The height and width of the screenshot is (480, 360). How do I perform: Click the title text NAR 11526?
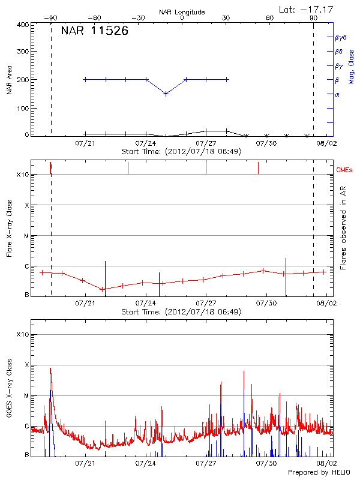pyautogui.click(x=94, y=31)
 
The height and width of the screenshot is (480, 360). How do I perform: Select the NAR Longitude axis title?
pyautogui.click(x=182, y=12)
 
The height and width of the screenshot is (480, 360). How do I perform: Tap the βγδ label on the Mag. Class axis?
pyautogui.click(x=340, y=37)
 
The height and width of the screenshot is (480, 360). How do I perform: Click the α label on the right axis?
pyautogui.click(x=337, y=94)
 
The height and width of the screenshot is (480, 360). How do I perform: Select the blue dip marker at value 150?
pyautogui.click(x=166, y=94)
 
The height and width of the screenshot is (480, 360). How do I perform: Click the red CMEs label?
pyautogui.click(x=345, y=170)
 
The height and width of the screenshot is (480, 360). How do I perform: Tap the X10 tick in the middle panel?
pyautogui.click(x=23, y=175)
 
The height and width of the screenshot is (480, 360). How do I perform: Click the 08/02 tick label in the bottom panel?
pyautogui.click(x=326, y=463)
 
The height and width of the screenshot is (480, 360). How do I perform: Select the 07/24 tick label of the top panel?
pyautogui.click(x=146, y=143)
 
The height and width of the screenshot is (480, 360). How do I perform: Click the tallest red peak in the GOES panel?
pyautogui.click(x=50, y=368)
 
